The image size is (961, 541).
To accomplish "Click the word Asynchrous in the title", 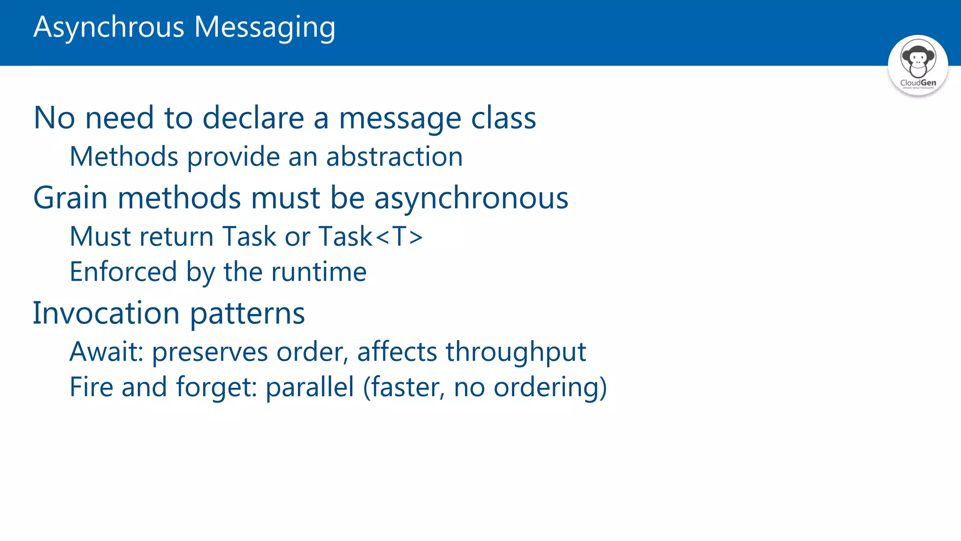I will coord(109,27).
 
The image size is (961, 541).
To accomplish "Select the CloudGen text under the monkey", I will coord(918,83).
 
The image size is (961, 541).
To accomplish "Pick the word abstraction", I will coord(394,156).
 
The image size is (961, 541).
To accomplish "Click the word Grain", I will coord(70,198).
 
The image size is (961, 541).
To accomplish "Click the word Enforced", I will coord(123,271).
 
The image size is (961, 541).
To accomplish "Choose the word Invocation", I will coord(106,313).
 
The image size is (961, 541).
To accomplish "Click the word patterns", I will coord(247,314).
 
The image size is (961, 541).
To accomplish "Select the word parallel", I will coord(310,387).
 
